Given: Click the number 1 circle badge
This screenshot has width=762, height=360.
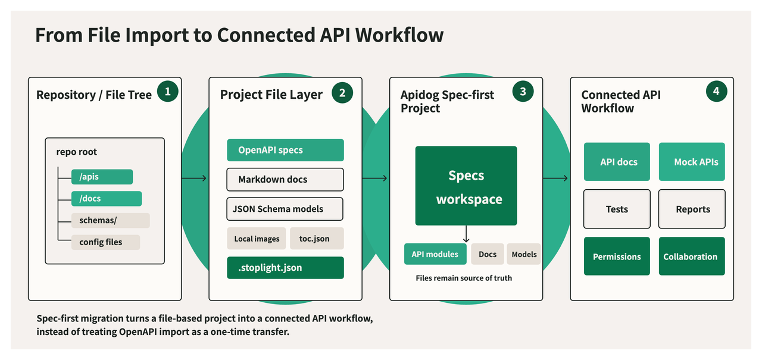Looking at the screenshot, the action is [168, 91].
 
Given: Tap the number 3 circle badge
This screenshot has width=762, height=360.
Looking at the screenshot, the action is [523, 91].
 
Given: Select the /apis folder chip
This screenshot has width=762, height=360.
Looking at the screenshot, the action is [102, 177].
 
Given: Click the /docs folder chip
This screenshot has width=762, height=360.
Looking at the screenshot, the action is [107, 199].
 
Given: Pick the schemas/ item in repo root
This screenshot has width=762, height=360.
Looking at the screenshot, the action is [111, 220].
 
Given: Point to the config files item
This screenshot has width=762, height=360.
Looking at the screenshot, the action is [105, 242].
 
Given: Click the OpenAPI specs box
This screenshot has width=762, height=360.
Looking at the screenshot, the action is [285, 150].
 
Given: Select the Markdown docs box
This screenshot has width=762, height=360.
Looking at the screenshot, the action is [285, 180].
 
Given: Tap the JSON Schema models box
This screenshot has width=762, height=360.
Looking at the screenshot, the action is [285, 209].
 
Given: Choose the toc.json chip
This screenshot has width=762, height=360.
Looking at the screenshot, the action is [317, 238].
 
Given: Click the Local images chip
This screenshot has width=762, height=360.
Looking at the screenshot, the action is [257, 238].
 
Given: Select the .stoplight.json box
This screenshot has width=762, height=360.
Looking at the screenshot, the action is [285, 268].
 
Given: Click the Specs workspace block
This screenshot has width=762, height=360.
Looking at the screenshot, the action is [466, 186].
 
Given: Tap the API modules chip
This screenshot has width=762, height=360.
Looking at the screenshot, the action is [435, 254].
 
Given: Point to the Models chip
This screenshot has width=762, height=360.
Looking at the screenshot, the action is [524, 254].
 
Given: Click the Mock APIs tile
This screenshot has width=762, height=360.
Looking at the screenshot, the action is [692, 161].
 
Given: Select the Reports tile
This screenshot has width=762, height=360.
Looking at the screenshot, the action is [692, 209].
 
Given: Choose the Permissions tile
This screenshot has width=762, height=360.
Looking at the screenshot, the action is [617, 256].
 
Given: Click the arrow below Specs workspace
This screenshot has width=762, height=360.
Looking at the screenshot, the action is [466, 234].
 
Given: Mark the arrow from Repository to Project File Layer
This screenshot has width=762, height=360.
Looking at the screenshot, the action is [194, 178].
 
